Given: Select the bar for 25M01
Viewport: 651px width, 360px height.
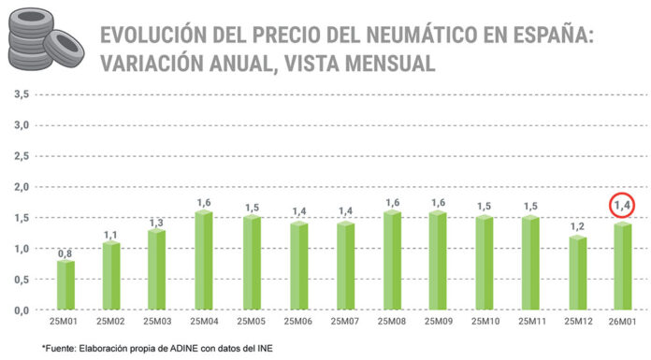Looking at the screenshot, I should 65,285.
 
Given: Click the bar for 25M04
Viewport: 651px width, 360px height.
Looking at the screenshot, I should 205,261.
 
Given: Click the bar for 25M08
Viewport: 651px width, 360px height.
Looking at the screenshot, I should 391,261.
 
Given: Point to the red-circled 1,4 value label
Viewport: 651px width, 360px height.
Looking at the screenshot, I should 623,204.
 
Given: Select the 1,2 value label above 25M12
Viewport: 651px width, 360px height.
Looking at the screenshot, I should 577,226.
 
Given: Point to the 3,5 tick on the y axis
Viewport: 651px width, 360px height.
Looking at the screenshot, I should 21,94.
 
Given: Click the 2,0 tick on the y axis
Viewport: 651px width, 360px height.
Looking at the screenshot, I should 21,187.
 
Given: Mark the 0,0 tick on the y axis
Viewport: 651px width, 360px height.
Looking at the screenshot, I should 21,310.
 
